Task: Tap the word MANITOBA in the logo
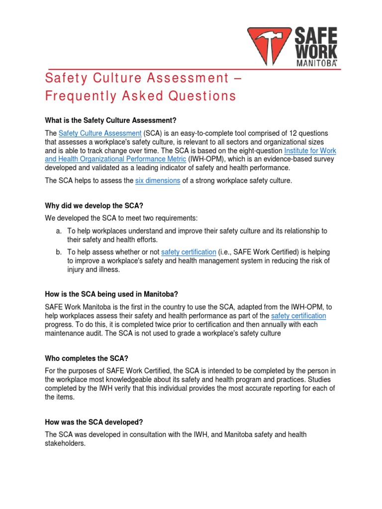click(316, 64)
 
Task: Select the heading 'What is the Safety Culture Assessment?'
click(111, 120)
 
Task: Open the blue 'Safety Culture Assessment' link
click(100, 133)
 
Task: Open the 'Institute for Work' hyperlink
click(312, 150)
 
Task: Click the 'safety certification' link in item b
click(189, 252)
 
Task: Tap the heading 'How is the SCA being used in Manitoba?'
click(112, 294)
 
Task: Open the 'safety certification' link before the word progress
click(298, 316)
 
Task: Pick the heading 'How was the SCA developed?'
click(94, 422)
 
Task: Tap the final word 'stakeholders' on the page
click(65, 444)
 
